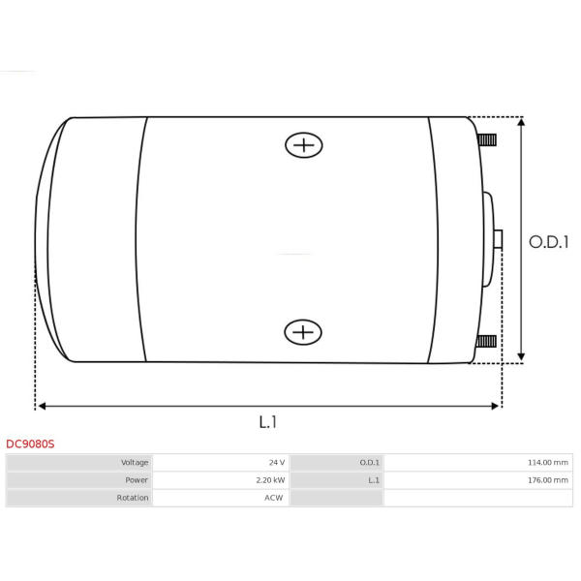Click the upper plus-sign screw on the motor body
[x=304, y=145]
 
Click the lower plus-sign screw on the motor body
[x=303, y=332]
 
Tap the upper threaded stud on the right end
[x=487, y=140]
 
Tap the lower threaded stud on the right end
[x=486, y=341]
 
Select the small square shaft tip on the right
[x=498, y=239]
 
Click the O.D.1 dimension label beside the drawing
[x=549, y=242]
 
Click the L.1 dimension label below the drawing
[x=267, y=422]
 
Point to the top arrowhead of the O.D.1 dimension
[x=521, y=122]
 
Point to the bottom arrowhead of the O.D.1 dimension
[x=521, y=357]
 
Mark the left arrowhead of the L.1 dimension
[x=42, y=406]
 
